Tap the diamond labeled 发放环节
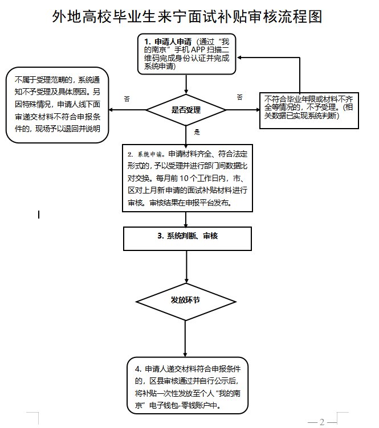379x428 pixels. (x=186, y=300)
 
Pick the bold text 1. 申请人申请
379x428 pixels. (x=169, y=42)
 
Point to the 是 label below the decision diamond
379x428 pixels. (x=197, y=132)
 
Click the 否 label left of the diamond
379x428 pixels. (x=127, y=99)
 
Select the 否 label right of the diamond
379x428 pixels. (x=240, y=97)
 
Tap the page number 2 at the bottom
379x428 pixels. (x=322, y=422)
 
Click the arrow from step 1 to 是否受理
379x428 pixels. (x=186, y=84)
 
